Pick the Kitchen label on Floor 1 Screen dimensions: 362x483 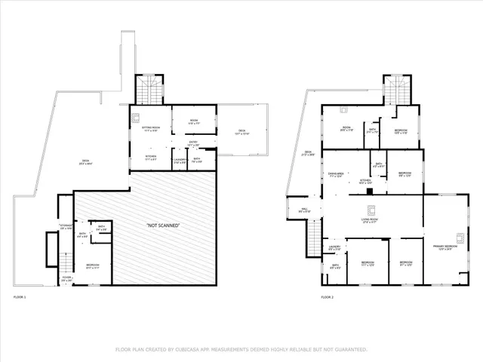(151, 158)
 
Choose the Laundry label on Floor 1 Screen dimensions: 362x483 (180, 160)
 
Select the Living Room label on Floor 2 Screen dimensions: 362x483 (369, 220)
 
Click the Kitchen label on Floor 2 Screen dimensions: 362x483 (365, 181)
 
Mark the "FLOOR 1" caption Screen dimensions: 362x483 (20, 297)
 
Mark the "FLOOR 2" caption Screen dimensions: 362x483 (326, 297)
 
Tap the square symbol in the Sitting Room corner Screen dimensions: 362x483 (135, 117)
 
